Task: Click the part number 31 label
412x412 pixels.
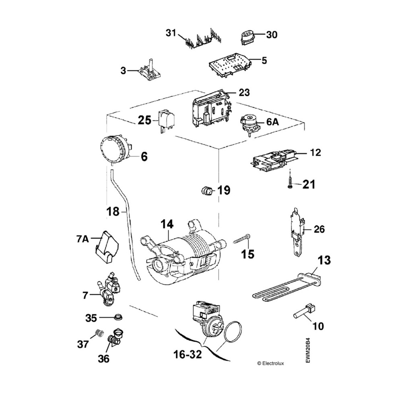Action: click(171, 33)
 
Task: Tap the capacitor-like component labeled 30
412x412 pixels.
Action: click(247, 37)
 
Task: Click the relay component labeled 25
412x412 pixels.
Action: click(165, 119)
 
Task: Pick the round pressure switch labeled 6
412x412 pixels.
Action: click(115, 149)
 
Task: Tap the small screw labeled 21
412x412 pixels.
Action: click(290, 183)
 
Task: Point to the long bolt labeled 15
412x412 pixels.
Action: click(241, 240)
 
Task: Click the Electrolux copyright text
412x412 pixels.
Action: click(270, 363)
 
